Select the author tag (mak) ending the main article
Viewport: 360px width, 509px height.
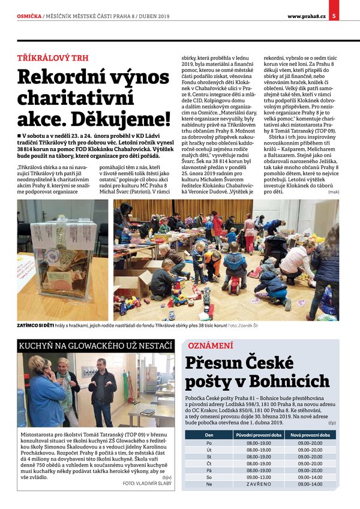(x=333, y=191)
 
